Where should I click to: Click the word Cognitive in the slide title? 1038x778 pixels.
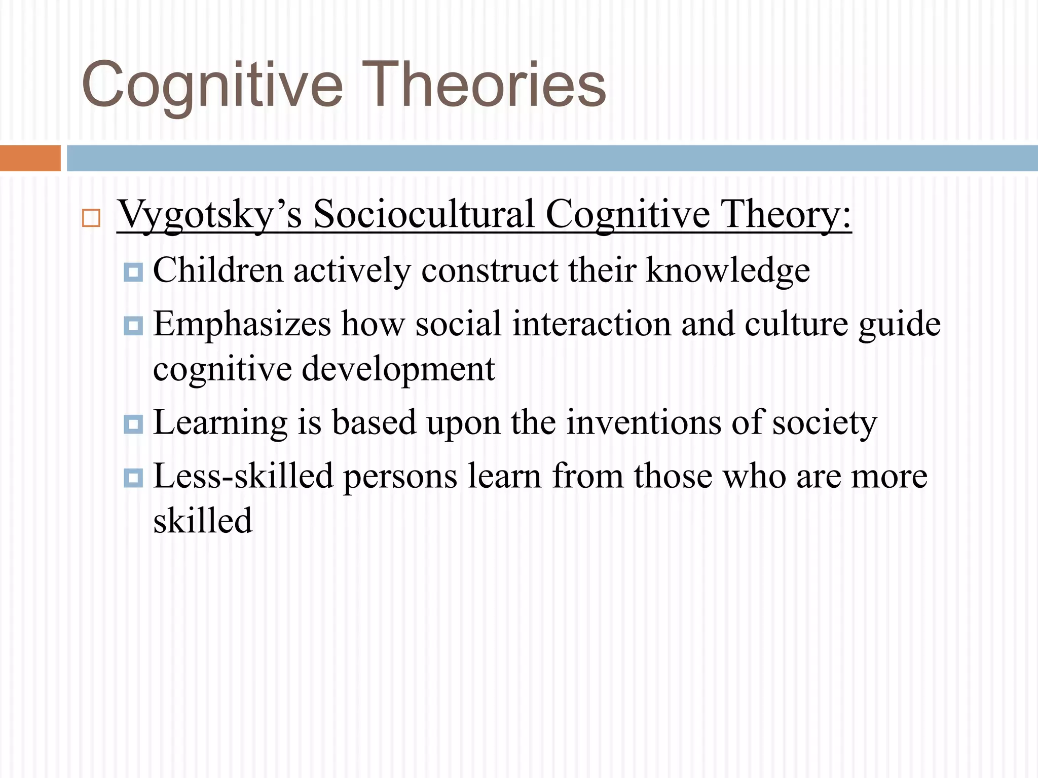pos(212,85)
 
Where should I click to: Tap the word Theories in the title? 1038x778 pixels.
pos(490,84)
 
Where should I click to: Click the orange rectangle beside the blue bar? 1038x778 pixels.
pos(30,158)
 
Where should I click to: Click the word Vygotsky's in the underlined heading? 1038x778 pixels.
pos(209,215)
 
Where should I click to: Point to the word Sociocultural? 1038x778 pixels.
pos(424,214)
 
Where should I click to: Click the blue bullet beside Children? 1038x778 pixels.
pos(133,272)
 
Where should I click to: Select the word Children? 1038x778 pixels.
pos(218,270)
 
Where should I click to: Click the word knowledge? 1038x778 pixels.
pos(728,271)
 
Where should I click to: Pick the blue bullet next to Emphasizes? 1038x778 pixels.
pos(133,326)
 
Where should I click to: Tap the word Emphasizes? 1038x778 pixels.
pos(242,324)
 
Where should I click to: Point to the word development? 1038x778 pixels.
pos(398,369)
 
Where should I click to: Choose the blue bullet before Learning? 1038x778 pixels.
pos(133,424)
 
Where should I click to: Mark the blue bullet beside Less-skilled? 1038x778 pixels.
pos(133,478)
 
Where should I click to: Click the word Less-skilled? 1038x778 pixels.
pos(243,476)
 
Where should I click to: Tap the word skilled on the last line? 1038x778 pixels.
pos(203,521)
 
